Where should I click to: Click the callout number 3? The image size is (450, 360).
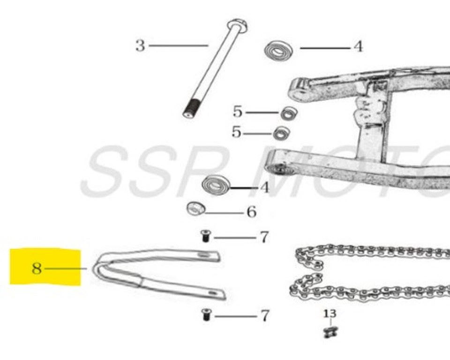(x=140, y=46)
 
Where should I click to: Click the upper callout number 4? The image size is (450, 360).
(x=358, y=47)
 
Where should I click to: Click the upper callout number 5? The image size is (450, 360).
(x=238, y=112)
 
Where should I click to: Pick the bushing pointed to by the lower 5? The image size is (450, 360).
(x=281, y=134)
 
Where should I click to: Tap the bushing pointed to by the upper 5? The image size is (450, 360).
(x=289, y=113)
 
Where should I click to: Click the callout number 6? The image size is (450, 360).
(x=252, y=212)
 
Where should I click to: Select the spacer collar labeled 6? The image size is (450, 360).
(x=195, y=208)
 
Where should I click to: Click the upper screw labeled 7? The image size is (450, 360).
(x=205, y=236)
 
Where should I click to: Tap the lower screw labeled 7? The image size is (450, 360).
(x=205, y=315)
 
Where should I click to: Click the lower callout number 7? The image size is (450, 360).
(x=265, y=316)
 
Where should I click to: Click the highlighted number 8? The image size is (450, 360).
(x=37, y=269)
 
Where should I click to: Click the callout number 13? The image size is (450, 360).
(x=330, y=313)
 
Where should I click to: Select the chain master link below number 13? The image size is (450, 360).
(x=330, y=332)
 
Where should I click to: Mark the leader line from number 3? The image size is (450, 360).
(x=178, y=45)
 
